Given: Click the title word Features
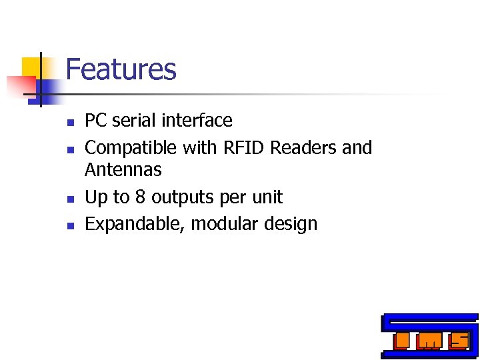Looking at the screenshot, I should coord(121,69).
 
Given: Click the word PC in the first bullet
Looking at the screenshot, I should coord(96,121).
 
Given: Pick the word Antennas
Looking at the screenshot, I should coord(123,170).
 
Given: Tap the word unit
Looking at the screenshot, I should coord(266,197).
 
